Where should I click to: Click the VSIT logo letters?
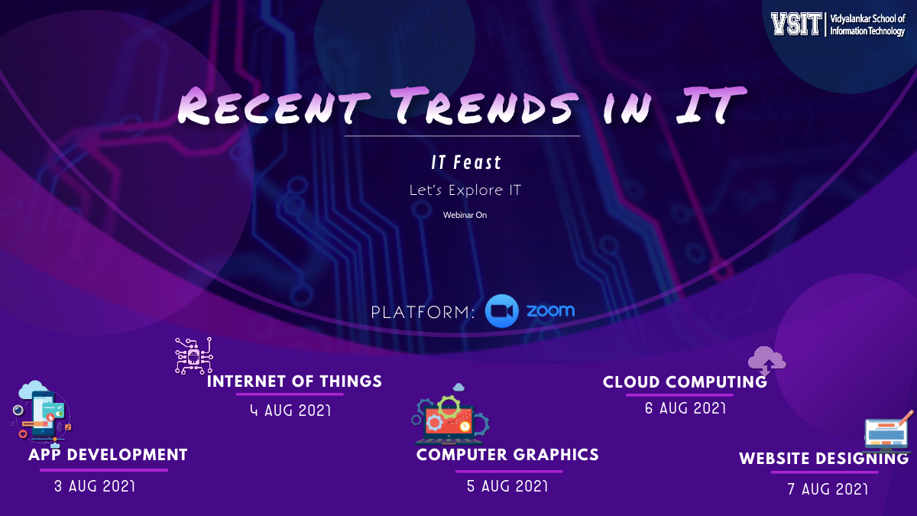pos(795,24)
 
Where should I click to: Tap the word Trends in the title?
pos(484,105)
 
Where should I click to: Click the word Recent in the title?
pos(274,105)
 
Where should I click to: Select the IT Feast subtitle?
pos(466,163)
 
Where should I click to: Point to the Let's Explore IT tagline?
pos(465,190)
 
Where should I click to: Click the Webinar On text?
pos(465,215)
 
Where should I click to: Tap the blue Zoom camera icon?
pos(501,311)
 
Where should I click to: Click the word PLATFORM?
pos(423,313)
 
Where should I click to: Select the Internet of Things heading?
pos(294,381)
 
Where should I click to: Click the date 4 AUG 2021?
pos(290,410)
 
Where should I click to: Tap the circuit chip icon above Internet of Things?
pos(194,356)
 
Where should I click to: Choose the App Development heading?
pos(108,455)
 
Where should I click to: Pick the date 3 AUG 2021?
pos(95,486)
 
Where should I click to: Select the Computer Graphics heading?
pos(507,455)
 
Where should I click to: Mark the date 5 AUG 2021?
pos(507,486)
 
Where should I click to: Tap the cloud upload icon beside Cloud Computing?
pos(766,361)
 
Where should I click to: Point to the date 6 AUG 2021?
pos(685,408)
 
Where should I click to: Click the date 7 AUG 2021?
pos(828,488)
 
